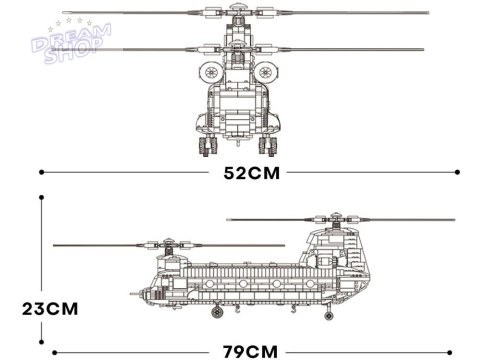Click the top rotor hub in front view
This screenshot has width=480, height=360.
[239, 14]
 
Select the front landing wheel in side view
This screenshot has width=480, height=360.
[214, 312]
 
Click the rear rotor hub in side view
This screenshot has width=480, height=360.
[330, 218]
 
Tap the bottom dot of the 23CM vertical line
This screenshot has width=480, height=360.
[41, 350]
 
